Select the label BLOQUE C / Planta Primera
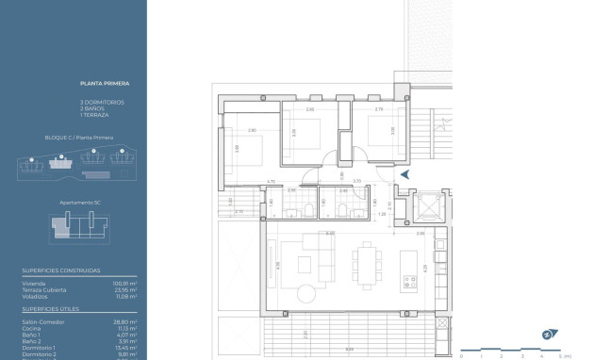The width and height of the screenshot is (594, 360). (79, 138)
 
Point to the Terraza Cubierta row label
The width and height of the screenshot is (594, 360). (42, 289)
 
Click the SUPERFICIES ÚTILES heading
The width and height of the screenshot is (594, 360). (51, 309)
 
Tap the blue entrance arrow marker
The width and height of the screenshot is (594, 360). (404, 174)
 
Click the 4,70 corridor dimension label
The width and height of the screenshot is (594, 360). (271, 181)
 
